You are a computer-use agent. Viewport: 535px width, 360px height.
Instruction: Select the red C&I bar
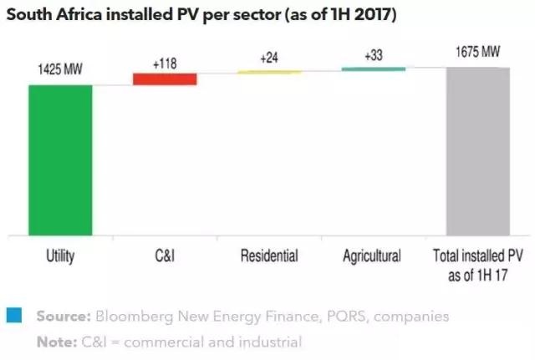pyautogui.click(x=165, y=79)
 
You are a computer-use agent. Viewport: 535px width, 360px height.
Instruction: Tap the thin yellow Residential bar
pyautogui.click(x=268, y=72)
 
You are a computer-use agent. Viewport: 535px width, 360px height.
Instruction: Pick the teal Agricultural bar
pyautogui.click(x=373, y=68)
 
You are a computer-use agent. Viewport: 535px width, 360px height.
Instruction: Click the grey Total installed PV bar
pyautogui.click(x=477, y=151)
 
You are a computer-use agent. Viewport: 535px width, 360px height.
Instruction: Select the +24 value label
pyautogui.click(x=268, y=58)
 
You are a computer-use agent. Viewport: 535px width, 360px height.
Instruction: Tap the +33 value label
pyautogui.click(x=374, y=55)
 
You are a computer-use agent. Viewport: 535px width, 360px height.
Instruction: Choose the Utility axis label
pyautogui.click(x=60, y=256)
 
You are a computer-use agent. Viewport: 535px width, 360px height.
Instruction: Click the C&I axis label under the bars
pyautogui.click(x=164, y=256)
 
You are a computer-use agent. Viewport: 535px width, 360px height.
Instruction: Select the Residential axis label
pyautogui.click(x=268, y=256)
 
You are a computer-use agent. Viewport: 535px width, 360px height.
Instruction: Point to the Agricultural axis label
pyautogui.click(x=372, y=256)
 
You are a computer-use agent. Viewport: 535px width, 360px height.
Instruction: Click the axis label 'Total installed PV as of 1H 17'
pyautogui.click(x=477, y=263)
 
